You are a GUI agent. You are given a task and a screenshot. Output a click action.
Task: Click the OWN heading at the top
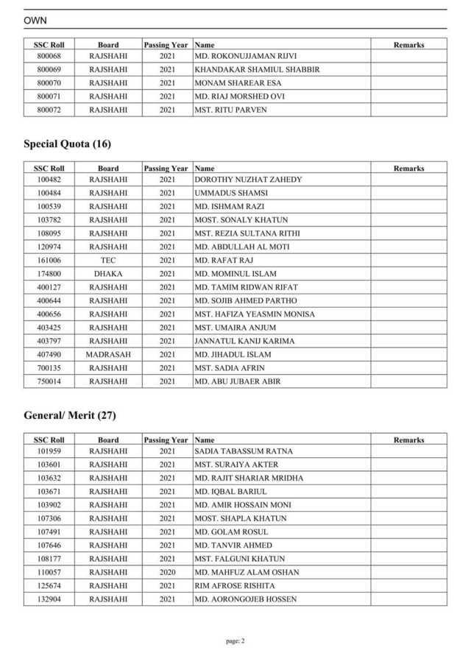[35, 21]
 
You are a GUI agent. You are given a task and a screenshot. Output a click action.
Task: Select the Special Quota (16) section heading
[67, 144]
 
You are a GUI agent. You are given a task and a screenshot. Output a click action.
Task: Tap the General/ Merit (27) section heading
[70, 415]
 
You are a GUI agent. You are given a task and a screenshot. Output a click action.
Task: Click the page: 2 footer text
[235, 640]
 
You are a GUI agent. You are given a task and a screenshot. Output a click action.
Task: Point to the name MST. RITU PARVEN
[230, 110]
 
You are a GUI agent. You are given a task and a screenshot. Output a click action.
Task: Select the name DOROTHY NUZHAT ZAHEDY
[248, 180]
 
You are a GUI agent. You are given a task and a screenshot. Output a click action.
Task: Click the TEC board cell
[108, 260]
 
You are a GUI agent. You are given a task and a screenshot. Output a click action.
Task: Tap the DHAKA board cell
[108, 274]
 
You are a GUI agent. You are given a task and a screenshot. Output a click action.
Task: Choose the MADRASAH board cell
[108, 354]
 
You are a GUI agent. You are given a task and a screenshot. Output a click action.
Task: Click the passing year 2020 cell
[167, 572]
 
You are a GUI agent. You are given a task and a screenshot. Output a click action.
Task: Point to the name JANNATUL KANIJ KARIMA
[244, 341]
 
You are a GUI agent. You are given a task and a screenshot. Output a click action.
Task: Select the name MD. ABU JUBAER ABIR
[238, 381]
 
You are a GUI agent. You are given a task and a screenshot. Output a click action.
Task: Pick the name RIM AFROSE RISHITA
[235, 585]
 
